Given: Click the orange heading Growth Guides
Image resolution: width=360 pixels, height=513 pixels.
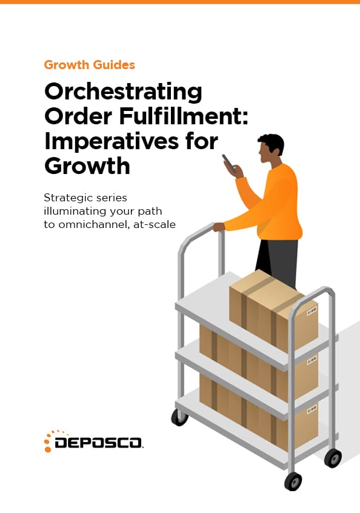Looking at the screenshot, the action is [89, 65].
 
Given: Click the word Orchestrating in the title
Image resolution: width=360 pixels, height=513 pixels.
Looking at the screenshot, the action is [123, 92].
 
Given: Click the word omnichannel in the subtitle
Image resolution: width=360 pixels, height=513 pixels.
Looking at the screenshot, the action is [94, 224].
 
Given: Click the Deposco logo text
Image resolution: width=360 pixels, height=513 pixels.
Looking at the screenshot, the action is [98, 443].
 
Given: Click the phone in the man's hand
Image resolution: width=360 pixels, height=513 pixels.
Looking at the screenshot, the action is [229, 163].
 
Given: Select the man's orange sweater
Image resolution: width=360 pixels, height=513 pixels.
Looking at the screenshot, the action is [275, 203].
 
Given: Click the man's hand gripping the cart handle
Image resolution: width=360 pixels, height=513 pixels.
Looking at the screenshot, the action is [219, 226].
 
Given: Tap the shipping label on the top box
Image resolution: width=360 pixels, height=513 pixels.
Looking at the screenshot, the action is [312, 312].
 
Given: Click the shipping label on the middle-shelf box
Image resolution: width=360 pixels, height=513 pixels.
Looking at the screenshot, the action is [312, 360].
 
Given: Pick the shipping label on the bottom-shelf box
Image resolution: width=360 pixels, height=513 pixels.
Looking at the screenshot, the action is [312, 409].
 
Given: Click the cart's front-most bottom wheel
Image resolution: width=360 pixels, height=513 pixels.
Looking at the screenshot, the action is [293, 481].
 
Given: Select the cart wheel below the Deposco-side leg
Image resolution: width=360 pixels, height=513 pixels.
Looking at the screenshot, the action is [179, 417].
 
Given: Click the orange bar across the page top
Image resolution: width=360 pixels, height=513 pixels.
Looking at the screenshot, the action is [180, 2].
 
